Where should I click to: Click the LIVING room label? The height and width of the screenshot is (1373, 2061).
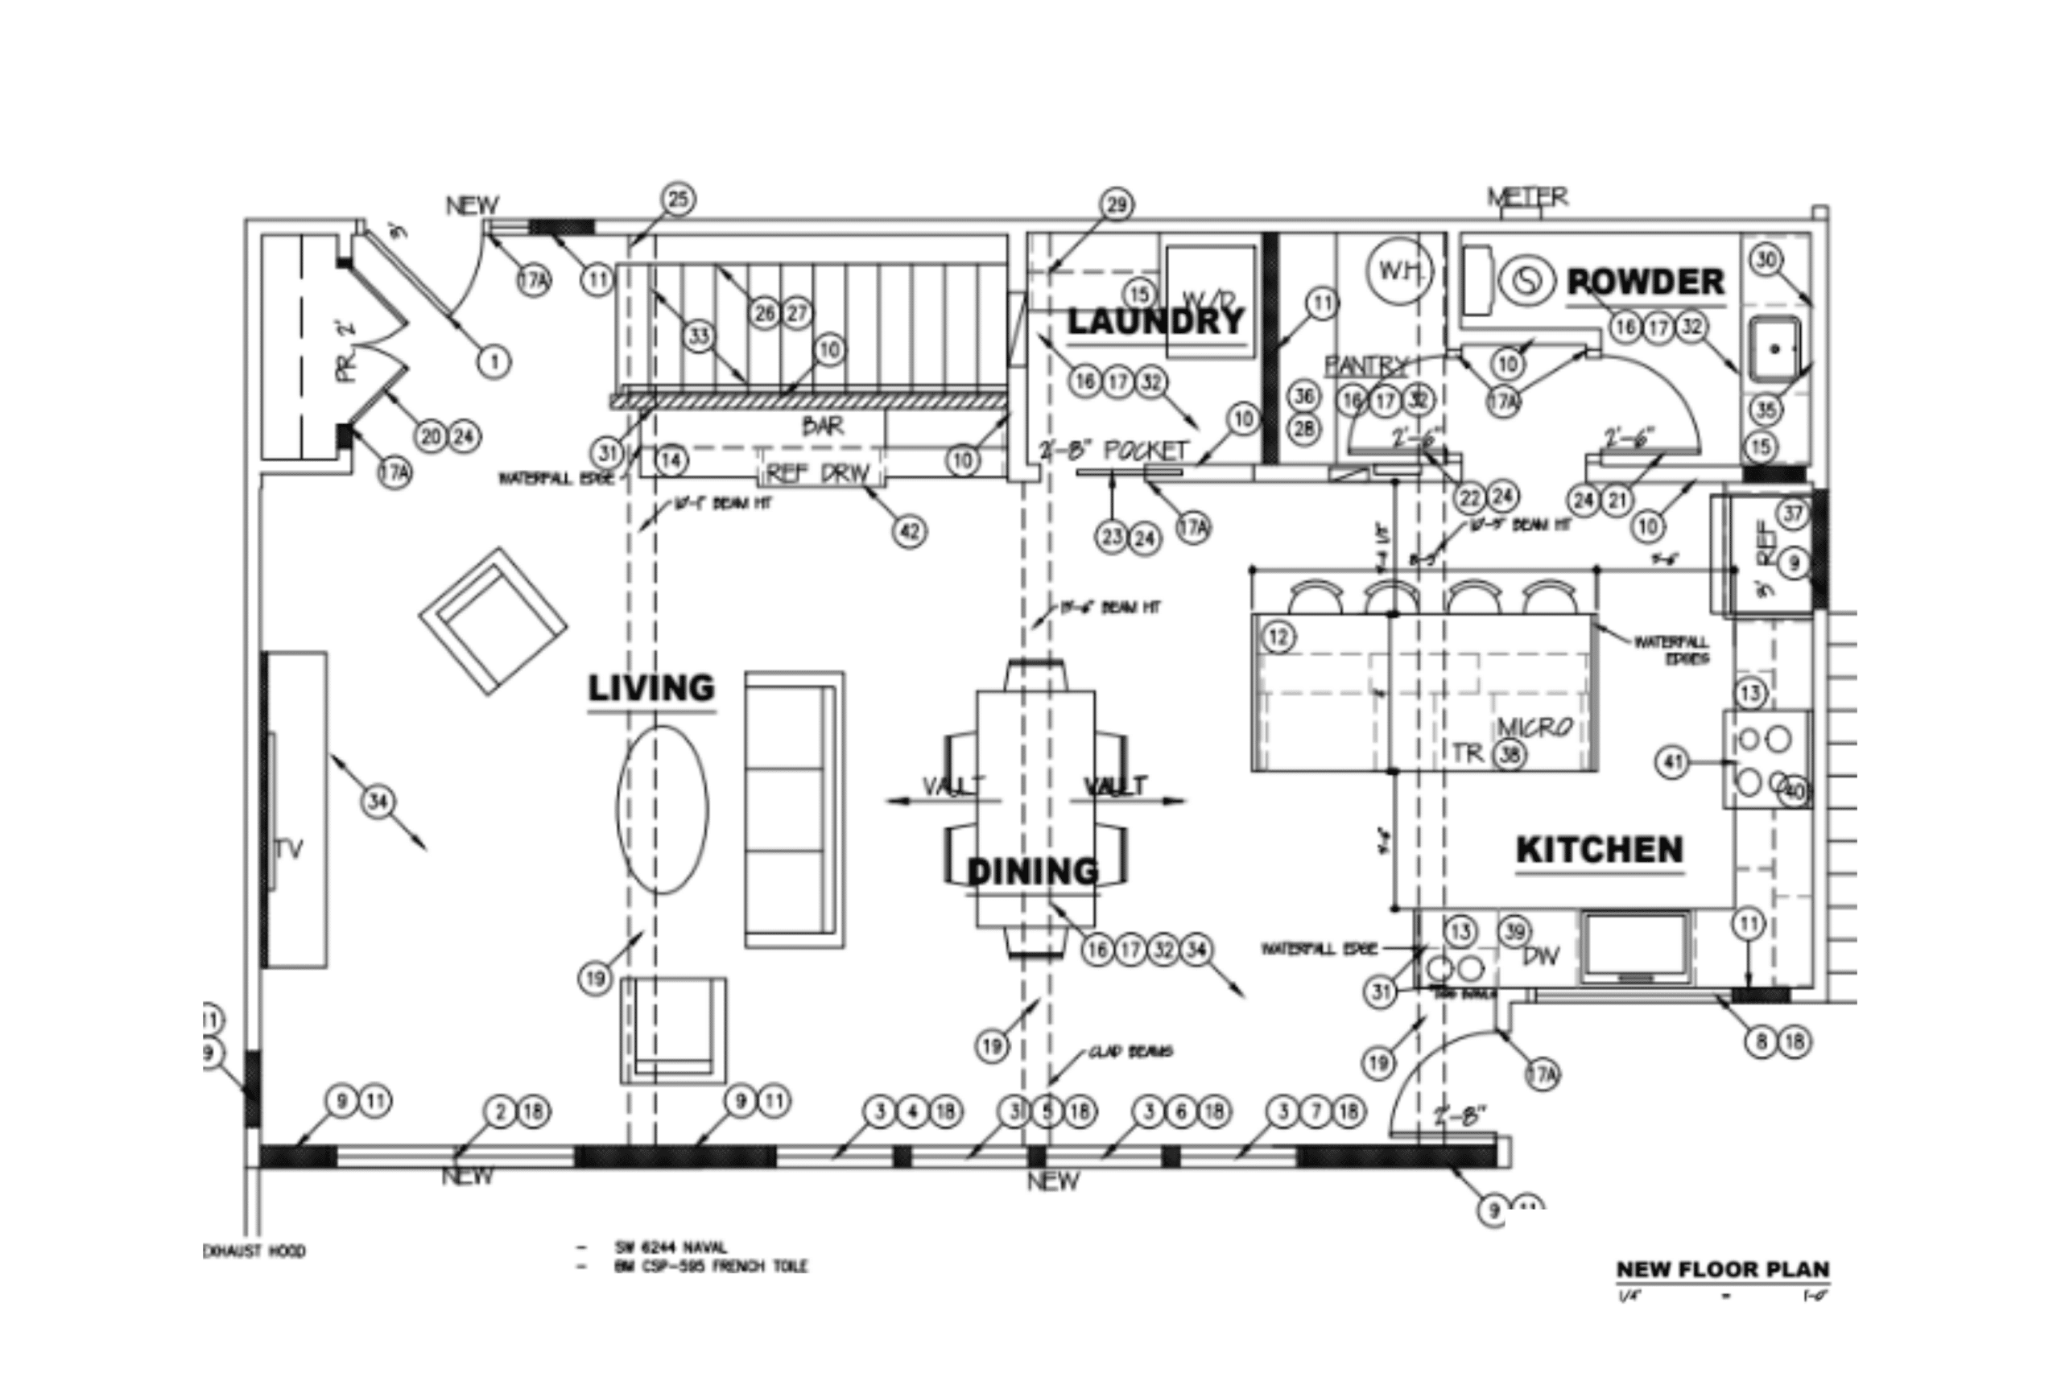651,688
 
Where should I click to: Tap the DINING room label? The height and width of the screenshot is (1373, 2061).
1032,872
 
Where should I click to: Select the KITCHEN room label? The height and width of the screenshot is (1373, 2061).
1599,849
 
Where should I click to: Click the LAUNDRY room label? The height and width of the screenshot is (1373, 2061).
1155,321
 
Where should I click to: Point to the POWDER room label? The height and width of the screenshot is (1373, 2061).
1645,282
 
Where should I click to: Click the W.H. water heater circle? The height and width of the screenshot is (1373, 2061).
1398,270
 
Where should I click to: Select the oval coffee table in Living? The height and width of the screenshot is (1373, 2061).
663,809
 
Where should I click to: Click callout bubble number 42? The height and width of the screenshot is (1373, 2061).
910,530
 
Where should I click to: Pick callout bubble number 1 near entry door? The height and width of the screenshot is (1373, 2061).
494,361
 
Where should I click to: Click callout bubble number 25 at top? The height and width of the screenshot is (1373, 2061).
678,200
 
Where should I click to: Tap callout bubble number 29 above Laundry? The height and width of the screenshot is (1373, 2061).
1116,205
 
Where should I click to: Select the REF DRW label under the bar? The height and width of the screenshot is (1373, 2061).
818,474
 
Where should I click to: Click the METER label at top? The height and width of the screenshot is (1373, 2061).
1527,197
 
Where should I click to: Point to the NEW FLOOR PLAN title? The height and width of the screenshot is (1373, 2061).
1722,1269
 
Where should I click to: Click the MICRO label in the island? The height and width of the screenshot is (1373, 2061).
1534,727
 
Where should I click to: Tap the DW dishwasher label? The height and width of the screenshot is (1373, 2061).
1541,956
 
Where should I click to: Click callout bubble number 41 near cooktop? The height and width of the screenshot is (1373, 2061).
1672,763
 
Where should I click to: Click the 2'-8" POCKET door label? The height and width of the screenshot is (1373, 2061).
1113,451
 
